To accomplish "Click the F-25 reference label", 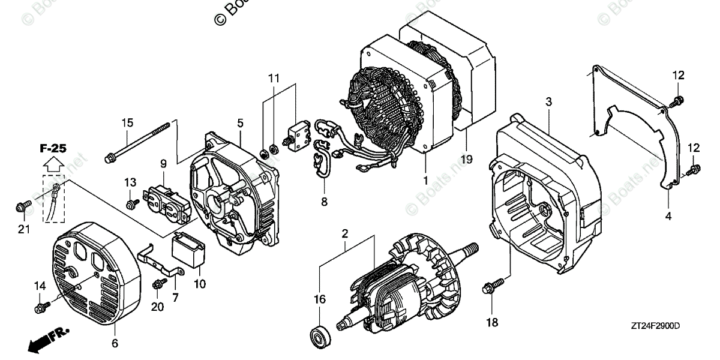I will pyautogui.click(x=54, y=148).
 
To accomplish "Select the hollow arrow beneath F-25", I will pyautogui.click(x=54, y=163).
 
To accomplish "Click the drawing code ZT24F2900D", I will pyautogui.click(x=655, y=326).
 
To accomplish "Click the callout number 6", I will pyautogui.click(x=115, y=344).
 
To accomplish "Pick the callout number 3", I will pyautogui.click(x=548, y=103).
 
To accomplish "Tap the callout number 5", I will pyautogui.click(x=239, y=123).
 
